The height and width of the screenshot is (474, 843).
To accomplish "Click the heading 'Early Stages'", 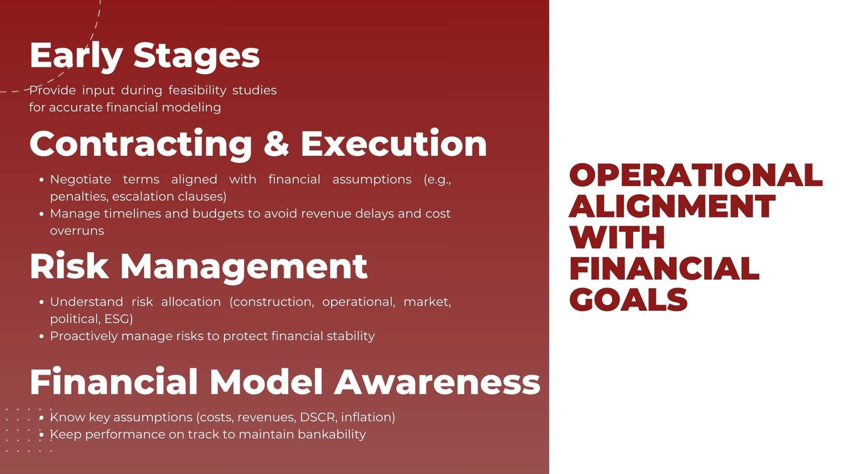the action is click(144, 56).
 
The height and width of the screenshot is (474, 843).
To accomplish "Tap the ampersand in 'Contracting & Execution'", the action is click(276, 144).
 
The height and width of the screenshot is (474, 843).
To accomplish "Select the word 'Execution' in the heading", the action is click(394, 144).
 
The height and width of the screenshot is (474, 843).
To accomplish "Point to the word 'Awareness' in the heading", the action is click(437, 382).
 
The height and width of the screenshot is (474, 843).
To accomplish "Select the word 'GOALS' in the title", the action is click(629, 300).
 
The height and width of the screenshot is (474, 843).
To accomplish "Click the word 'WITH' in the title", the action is click(617, 238).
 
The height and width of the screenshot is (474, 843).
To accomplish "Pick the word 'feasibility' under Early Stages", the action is click(198, 91).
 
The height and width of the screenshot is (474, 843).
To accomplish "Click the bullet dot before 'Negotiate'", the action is click(42, 180).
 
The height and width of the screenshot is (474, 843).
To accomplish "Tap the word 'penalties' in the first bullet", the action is click(78, 197).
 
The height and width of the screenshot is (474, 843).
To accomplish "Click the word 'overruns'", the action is click(77, 231).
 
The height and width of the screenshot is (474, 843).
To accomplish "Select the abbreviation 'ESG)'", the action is click(119, 319).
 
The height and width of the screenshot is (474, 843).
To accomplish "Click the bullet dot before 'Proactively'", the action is click(42, 337).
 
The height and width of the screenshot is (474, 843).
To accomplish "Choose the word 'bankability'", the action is click(332, 434).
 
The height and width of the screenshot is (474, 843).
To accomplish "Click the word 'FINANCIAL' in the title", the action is click(664, 269).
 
